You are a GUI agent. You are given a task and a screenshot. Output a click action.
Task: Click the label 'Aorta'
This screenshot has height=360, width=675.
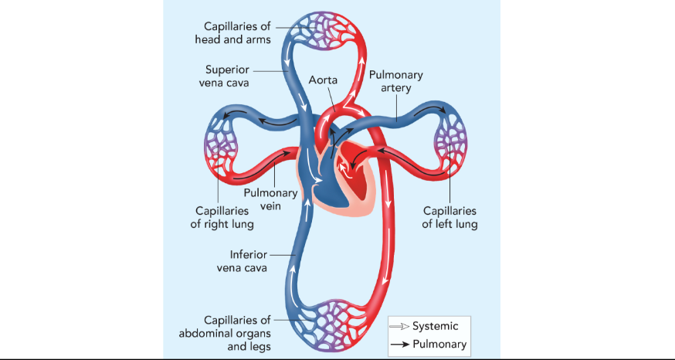pyautogui.click(x=323, y=80)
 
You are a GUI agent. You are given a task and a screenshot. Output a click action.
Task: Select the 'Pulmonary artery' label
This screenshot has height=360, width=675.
pyautogui.click(x=395, y=81)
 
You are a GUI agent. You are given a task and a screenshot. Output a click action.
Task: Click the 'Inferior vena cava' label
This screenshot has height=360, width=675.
pyautogui.click(x=249, y=260)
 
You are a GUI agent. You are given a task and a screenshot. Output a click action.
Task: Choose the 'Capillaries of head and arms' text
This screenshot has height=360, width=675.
pyautogui.click(x=237, y=33)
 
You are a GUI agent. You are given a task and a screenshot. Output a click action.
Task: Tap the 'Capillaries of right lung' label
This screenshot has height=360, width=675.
pyautogui.click(x=222, y=217)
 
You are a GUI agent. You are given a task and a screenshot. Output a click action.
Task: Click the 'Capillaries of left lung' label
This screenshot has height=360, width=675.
pyautogui.click(x=449, y=217)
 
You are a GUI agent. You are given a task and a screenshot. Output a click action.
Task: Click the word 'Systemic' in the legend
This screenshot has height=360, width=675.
pyautogui.click(x=440, y=326)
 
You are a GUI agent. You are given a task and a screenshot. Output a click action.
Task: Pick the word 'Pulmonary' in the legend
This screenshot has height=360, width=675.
pyautogui.click(x=440, y=344)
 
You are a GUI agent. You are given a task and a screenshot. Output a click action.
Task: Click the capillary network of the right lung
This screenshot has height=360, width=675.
pyautogui.click(x=222, y=148)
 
